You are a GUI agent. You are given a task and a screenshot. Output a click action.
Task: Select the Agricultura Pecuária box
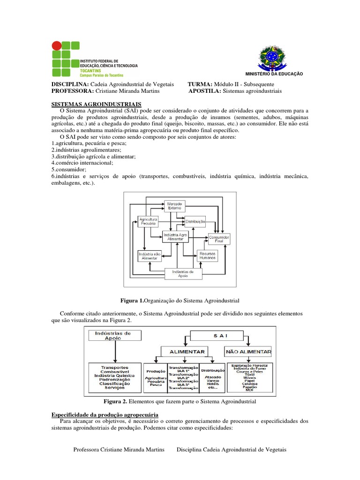click(x=148, y=221)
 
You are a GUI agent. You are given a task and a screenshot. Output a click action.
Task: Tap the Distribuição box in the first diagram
click(x=195, y=221)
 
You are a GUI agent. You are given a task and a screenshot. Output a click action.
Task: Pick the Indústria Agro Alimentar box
click(x=175, y=236)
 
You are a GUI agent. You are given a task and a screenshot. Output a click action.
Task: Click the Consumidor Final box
click(x=219, y=240)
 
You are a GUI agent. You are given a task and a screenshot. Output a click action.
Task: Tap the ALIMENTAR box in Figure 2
click(x=183, y=352)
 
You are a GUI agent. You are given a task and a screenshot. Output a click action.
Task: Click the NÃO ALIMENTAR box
click(x=248, y=352)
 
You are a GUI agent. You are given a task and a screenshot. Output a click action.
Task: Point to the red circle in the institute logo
click(x=56, y=45)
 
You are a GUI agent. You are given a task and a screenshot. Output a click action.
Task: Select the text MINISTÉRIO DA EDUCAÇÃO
click(x=274, y=74)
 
